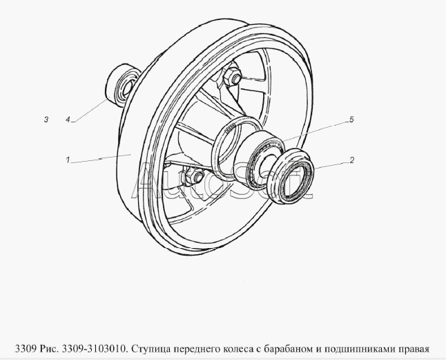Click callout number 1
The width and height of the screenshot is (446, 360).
pyautogui.click(x=68, y=160)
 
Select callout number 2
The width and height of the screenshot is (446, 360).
pyautogui.click(x=352, y=160)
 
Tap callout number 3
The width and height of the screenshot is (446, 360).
pyautogui.click(x=46, y=120)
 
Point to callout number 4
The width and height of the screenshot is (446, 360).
pyautogui.click(x=68, y=120)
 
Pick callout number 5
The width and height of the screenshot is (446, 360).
pyautogui.click(x=351, y=120)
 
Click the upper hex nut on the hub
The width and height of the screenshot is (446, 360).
pyautogui.click(x=233, y=76)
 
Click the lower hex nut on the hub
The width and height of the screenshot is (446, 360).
pyautogui.click(x=194, y=176)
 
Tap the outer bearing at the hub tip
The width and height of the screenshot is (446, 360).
pyautogui.click(x=292, y=176)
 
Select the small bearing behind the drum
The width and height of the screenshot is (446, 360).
pyautogui.click(x=121, y=86)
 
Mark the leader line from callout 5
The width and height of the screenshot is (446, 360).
pyautogui.click(x=315, y=132)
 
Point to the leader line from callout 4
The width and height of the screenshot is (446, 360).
pyautogui.click(x=91, y=110)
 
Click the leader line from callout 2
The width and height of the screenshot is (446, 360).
pyautogui.click(x=331, y=166)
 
